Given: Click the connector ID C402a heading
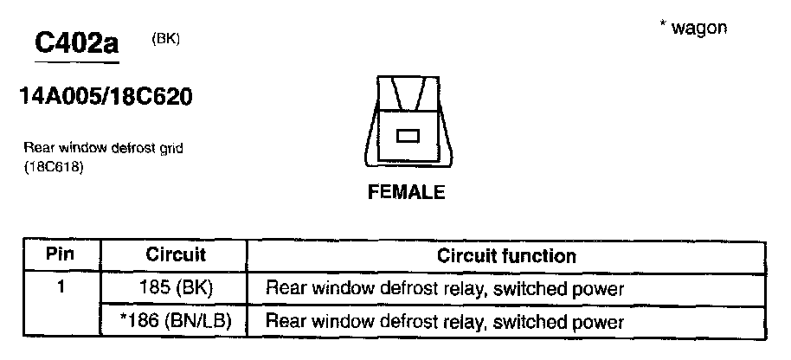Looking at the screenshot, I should coord(75,42).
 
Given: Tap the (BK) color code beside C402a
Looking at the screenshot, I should coord(165,39).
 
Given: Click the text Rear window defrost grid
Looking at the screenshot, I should coord(103,148).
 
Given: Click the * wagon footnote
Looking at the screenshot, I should coord(693,28).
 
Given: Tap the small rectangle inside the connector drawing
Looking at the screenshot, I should coord(407,135).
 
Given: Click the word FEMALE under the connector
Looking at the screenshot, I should coord(407,192).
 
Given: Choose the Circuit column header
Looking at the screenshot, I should coord(176,255).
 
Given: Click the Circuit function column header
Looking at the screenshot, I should coord(506,255).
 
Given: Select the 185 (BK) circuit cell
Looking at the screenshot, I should coord(176,286).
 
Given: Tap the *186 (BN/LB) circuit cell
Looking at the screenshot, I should coord(176,322).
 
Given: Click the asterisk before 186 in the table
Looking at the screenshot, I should coord(124,318).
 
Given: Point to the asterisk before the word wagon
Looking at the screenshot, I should coord(662,26).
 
